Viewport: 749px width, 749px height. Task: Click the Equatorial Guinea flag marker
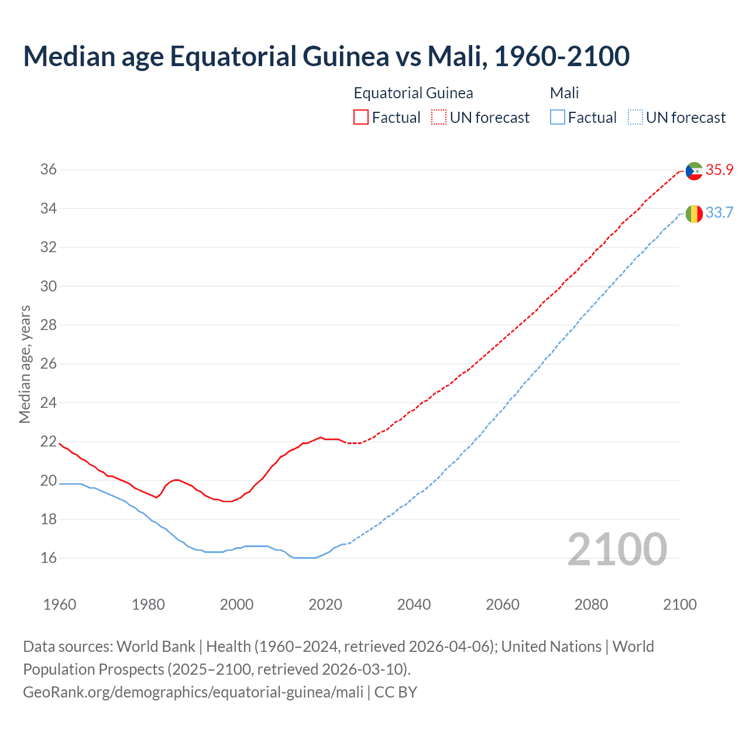(694, 171)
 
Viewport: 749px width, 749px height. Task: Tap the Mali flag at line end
(694, 214)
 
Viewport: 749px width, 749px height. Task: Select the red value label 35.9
(719, 170)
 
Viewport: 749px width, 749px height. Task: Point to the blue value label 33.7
(719, 212)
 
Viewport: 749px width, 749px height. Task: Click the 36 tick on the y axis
(49, 170)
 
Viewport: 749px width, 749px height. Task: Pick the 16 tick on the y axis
(49, 558)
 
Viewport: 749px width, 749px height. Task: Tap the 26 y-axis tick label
(49, 364)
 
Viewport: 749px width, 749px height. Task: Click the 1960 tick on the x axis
(60, 604)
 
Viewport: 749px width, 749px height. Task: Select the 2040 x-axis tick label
(414, 604)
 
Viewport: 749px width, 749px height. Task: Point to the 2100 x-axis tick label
(679, 604)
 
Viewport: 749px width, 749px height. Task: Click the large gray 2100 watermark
(617, 549)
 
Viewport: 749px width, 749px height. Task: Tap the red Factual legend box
(361, 118)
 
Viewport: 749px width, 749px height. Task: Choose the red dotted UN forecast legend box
(439, 118)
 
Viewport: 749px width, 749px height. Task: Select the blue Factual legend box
(558, 118)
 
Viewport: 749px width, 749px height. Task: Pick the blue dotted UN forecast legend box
(635, 118)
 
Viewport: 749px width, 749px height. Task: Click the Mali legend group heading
(564, 93)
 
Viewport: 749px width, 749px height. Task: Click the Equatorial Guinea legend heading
(413, 93)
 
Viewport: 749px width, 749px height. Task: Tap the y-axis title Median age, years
(25, 364)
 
